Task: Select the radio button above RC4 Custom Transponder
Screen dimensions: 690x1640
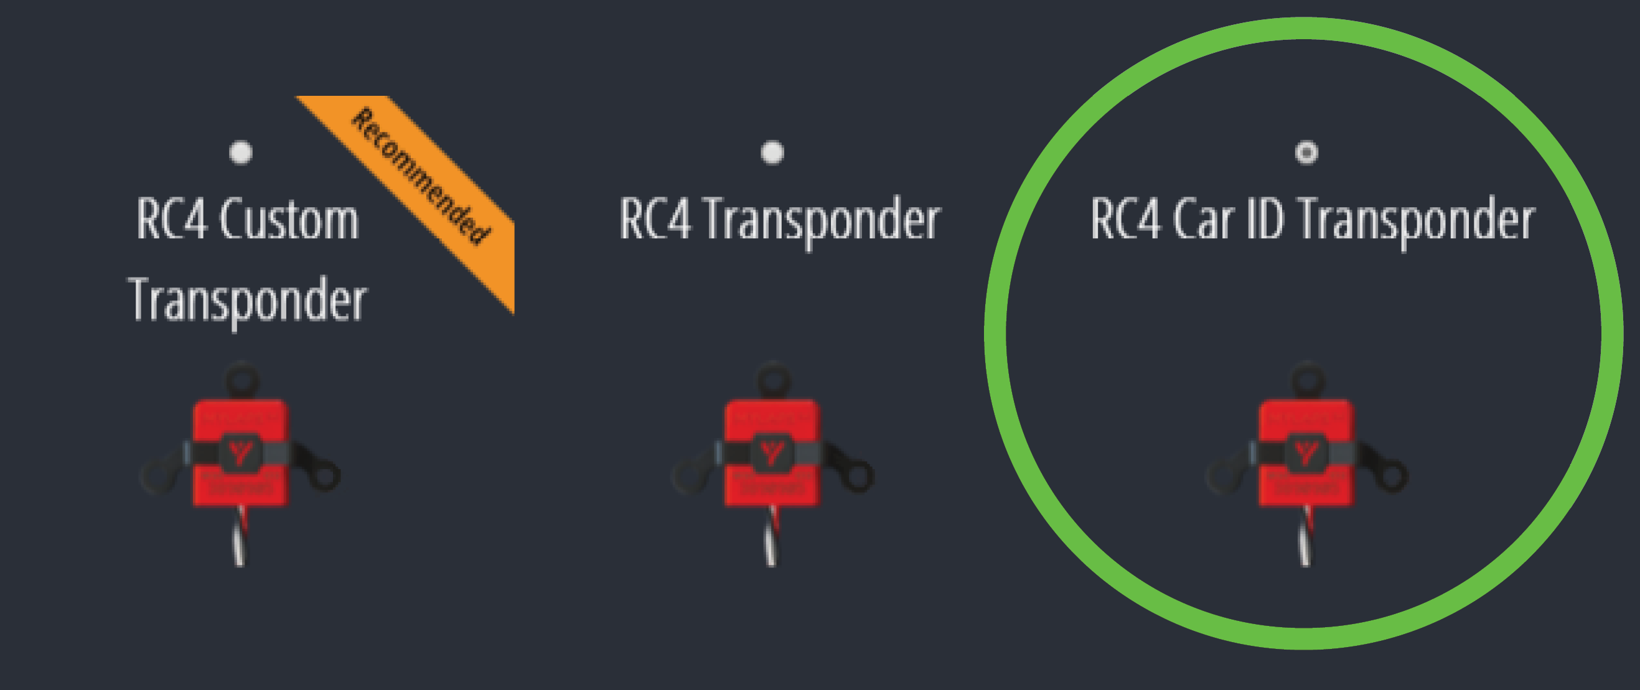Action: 241,153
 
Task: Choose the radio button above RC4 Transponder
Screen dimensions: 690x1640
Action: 772,153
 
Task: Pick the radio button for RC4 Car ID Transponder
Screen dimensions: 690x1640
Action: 1306,153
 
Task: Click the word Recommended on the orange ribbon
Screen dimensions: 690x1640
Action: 421,176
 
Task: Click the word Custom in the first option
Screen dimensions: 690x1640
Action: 289,220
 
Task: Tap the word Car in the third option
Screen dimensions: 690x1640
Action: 1203,220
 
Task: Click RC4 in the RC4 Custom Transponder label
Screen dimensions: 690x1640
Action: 172,220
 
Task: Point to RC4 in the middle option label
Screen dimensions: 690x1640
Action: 655,220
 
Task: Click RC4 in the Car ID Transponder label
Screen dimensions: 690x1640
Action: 1125,220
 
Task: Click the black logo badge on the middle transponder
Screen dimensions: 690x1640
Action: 772,452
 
